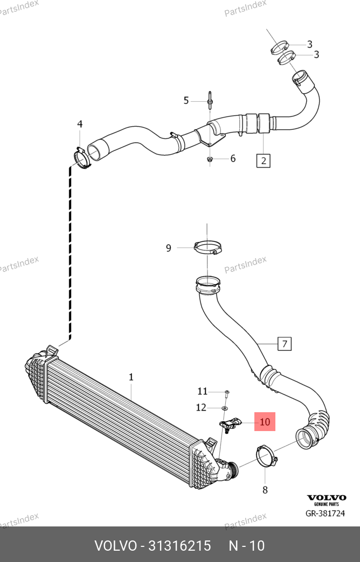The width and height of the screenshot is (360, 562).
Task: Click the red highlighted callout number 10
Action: (265, 422)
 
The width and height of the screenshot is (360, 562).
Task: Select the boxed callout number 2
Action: (264, 160)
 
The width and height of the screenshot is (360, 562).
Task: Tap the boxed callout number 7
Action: (284, 343)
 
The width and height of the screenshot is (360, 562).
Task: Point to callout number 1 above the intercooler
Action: (131, 377)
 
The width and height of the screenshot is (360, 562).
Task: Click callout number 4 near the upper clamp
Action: (80, 124)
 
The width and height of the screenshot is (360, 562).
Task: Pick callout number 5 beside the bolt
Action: (186, 100)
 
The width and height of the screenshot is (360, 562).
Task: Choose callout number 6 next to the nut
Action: (233, 158)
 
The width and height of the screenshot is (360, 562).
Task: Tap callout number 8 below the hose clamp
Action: (265, 490)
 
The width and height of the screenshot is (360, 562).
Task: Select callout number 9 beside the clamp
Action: (168, 248)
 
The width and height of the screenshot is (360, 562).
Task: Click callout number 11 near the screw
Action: (202, 391)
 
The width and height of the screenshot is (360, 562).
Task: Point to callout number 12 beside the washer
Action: (201, 407)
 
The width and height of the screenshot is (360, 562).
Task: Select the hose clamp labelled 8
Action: (266, 455)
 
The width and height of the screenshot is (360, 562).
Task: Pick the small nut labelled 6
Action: (210, 159)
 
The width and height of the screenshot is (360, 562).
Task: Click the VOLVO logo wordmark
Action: (326, 498)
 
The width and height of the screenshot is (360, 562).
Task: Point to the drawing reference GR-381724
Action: (325, 514)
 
